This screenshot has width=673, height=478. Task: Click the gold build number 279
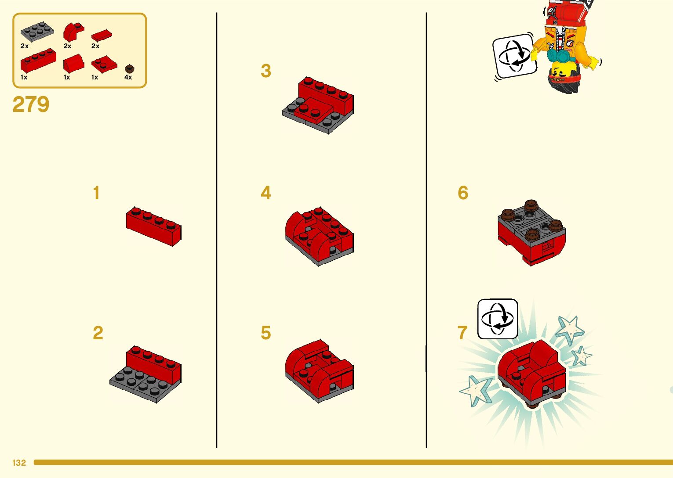(31, 104)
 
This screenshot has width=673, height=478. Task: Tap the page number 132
(19, 463)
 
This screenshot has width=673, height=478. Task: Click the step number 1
(96, 193)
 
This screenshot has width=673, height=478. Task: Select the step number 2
(98, 333)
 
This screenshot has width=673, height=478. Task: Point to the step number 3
(266, 71)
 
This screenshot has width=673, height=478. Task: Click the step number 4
(266, 193)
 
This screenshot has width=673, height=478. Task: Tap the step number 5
(266, 333)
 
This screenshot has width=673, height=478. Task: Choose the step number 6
(463, 193)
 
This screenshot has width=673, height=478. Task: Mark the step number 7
(463, 333)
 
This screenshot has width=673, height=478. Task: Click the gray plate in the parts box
(37, 32)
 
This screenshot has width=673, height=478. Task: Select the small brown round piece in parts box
(130, 69)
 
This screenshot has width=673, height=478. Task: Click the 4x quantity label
(128, 77)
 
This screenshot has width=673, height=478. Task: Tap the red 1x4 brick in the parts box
(38, 60)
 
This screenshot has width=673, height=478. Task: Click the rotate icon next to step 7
(498, 319)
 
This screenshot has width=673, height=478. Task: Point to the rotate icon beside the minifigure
(515, 56)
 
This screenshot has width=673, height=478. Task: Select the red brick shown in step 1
(153, 226)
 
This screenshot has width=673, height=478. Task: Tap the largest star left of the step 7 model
(477, 391)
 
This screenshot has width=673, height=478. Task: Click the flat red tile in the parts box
(102, 36)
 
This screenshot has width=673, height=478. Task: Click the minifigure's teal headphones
(561, 55)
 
